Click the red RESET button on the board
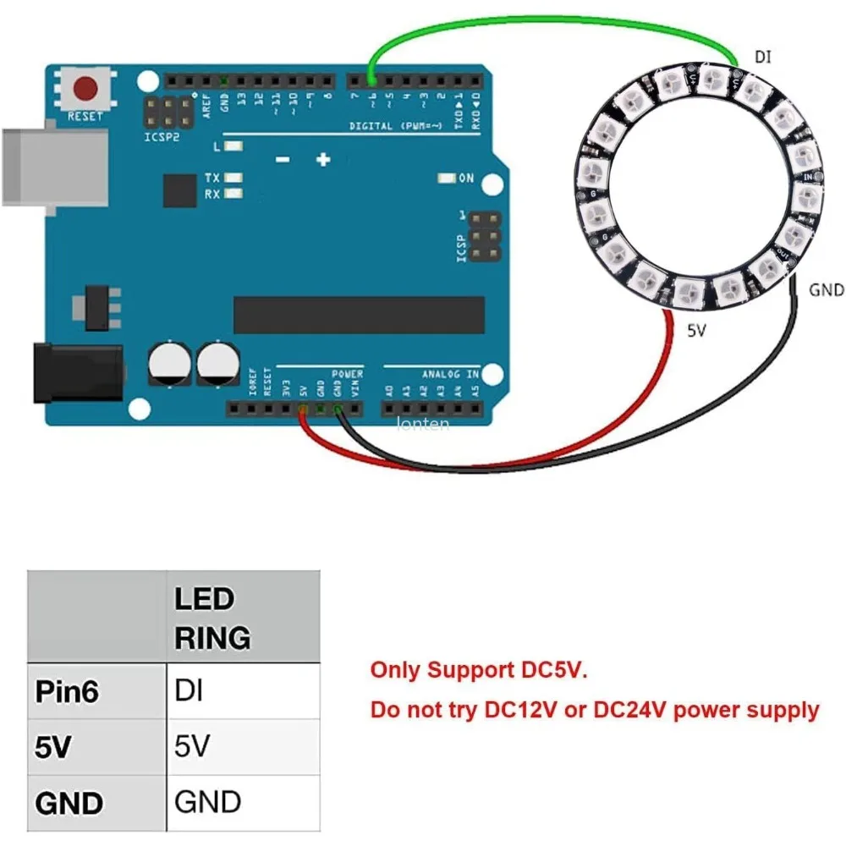(x=85, y=88)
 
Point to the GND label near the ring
(x=827, y=290)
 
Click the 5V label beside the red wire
(x=695, y=332)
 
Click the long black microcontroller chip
(x=359, y=315)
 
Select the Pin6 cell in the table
(x=67, y=691)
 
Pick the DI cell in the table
(x=187, y=691)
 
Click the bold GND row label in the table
(x=69, y=802)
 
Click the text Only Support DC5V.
(x=478, y=671)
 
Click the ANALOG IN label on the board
(x=450, y=373)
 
